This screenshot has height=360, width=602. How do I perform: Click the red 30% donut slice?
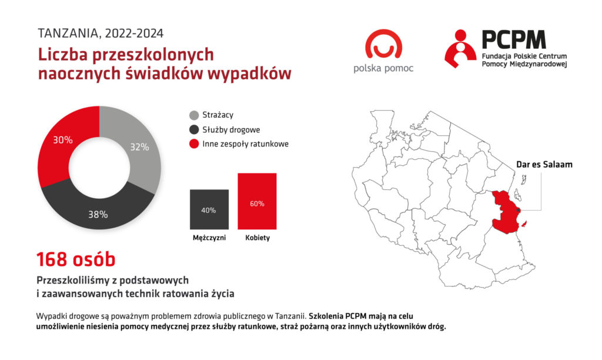coord(58,146)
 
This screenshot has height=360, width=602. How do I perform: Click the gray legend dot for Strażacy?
coord(194,115)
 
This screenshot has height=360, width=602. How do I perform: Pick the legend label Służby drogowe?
coord(231,130)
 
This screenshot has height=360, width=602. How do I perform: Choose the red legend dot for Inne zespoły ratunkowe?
coord(194,144)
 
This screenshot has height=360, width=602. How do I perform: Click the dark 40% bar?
coord(209,209)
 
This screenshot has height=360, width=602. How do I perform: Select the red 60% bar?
coord(257,201)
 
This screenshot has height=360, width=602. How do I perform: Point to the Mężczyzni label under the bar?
coord(209,238)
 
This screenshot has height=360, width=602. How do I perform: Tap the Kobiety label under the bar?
coord(257,238)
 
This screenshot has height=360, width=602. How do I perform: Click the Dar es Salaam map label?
coord(544,165)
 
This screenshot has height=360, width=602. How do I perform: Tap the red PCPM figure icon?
coord(460,49)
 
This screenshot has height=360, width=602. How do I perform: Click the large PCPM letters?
coord(514,39)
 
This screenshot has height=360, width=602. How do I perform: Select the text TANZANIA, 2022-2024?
coord(101,34)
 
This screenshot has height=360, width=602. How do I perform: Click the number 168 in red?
coord(52,259)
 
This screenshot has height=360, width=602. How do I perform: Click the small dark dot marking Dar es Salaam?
coord(519,210)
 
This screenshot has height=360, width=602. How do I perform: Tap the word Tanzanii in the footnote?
coord(290,316)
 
